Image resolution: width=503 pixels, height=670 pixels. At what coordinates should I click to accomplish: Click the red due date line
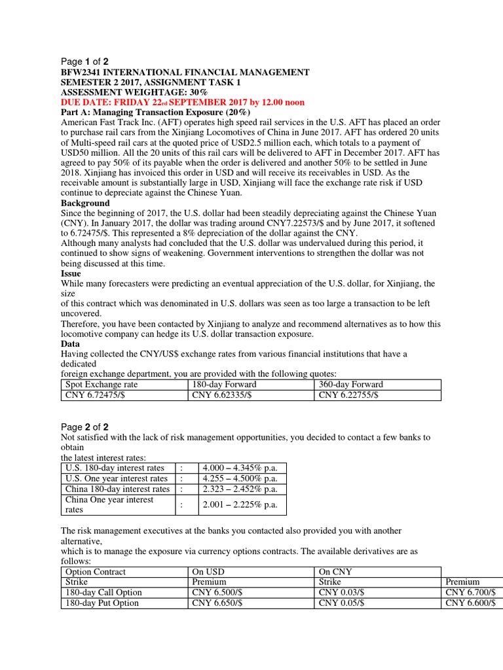tap(182, 103)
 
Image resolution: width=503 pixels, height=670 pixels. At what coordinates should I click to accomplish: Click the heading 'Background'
tap(85, 203)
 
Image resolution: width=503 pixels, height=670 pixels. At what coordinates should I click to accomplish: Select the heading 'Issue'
tap(71, 273)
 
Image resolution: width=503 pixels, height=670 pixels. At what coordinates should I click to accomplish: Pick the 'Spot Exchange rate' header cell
tap(102, 385)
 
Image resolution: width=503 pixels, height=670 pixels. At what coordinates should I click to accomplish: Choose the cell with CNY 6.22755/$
tap(348, 395)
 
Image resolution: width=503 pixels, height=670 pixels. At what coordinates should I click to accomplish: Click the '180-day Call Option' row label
tap(103, 592)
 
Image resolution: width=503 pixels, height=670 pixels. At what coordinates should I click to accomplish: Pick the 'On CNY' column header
tap(335, 571)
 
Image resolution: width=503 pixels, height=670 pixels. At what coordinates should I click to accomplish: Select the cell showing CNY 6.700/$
tap(470, 592)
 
